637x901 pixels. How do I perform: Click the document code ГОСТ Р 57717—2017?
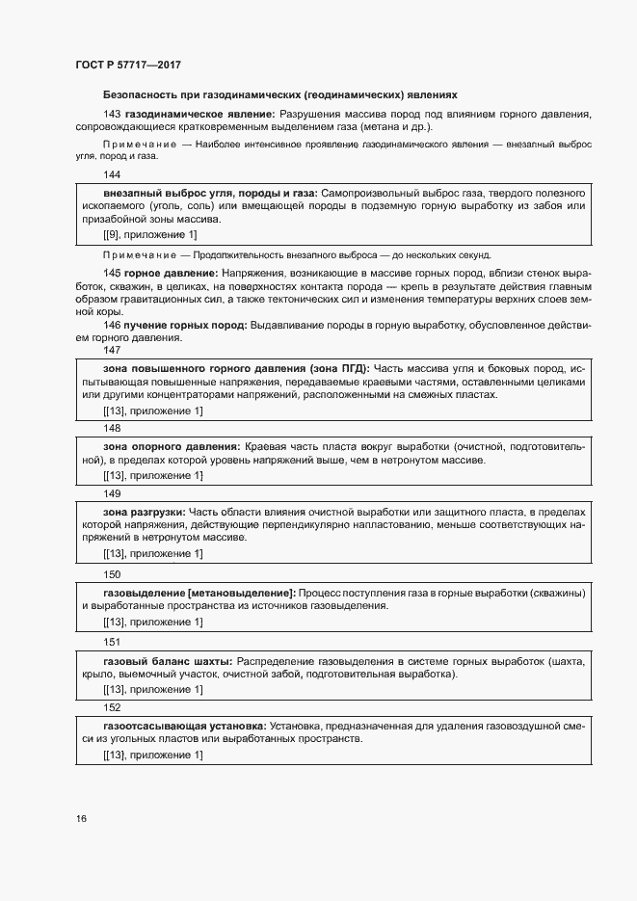coord(128,65)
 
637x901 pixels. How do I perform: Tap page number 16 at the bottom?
coord(82,819)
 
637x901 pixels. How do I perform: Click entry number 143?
coord(112,115)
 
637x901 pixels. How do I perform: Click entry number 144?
coord(112,174)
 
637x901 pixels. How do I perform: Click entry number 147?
coord(112,350)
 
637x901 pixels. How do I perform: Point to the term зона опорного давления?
coord(171,447)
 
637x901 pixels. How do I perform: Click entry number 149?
coord(112,493)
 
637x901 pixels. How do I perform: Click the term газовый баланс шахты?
coord(166,662)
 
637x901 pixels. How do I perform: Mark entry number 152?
coord(112,707)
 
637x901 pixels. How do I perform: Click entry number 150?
coord(112,573)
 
